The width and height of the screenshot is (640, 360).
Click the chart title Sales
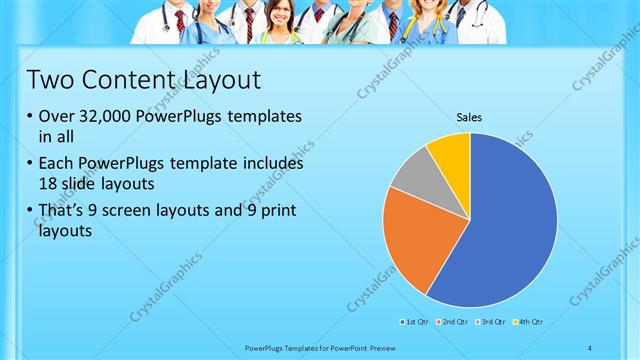469,117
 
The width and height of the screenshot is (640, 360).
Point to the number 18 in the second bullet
49,183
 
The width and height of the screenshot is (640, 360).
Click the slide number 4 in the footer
590,347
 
